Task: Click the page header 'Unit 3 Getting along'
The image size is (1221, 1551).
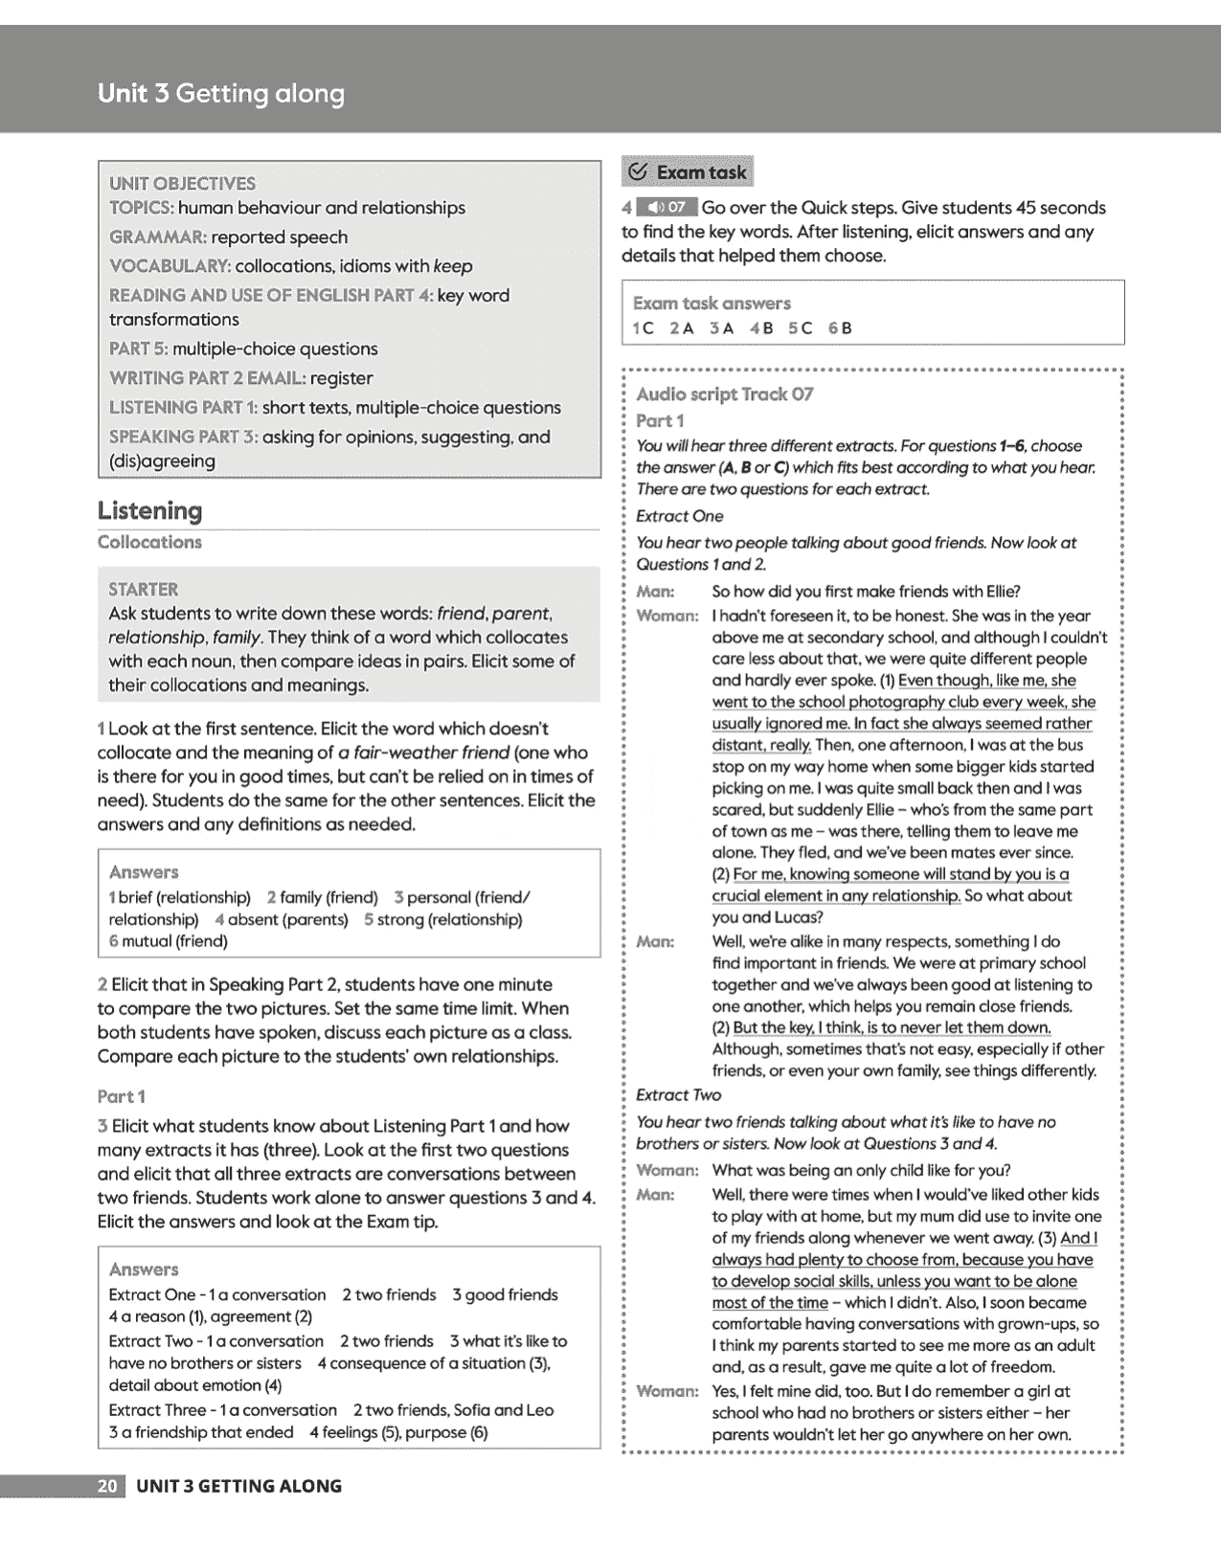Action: [x=220, y=94]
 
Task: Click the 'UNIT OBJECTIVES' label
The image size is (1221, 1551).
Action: [x=182, y=183]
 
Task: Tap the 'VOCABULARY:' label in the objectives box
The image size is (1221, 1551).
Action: [x=170, y=266]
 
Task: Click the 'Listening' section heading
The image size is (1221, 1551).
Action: [x=149, y=511]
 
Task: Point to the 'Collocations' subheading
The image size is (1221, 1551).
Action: [x=149, y=542]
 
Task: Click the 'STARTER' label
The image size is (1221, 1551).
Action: [x=143, y=590]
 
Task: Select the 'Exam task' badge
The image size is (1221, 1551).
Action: [x=688, y=172]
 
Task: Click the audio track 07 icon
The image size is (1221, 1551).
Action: [x=667, y=207]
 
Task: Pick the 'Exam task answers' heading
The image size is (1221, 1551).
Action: [x=712, y=303]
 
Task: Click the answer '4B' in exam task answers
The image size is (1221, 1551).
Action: [x=761, y=328]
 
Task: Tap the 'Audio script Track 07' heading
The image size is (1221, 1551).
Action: [x=724, y=394]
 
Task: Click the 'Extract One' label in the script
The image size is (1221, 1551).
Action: [x=679, y=516]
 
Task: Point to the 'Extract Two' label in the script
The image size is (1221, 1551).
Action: [x=678, y=1095]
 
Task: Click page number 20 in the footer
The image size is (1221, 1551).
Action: [x=107, y=1486]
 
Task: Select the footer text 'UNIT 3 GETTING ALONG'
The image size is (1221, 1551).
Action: [x=238, y=1486]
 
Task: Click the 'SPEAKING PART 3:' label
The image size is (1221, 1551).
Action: [x=183, y=438]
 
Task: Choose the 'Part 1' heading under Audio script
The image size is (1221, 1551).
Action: [x=660, y=421]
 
